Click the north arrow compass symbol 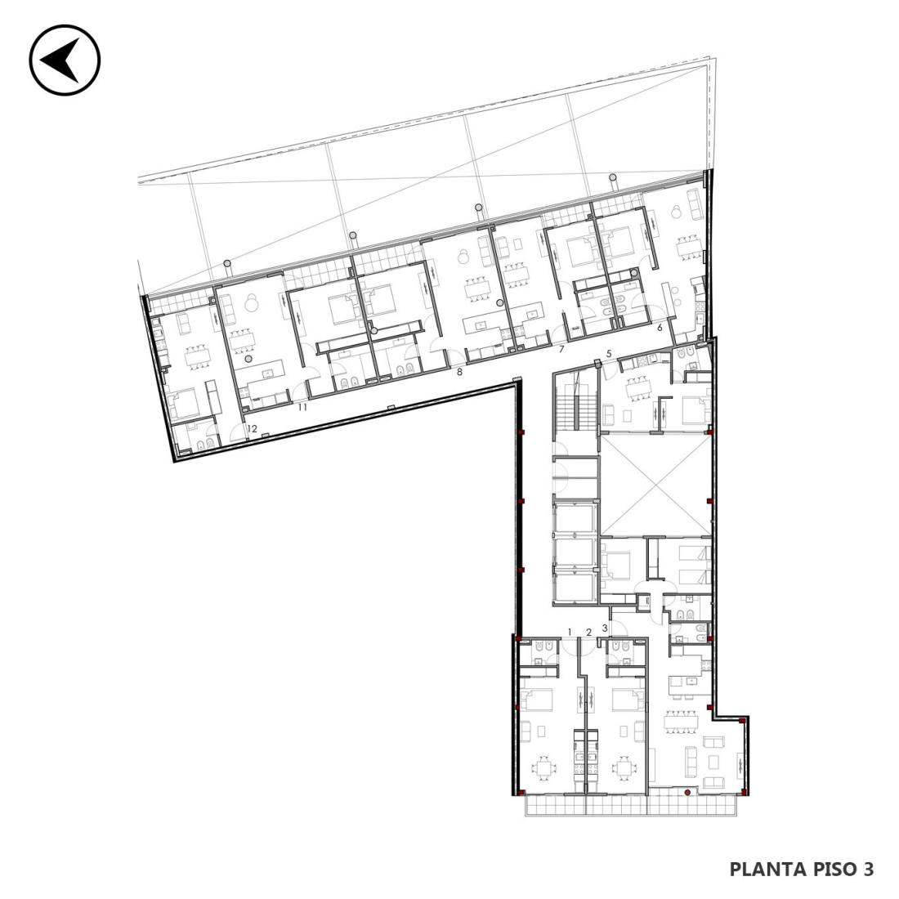[x=65, y=60]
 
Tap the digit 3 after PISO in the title [x=868, y=870]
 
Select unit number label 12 [x=252, y=428]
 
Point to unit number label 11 [x=302, y=408]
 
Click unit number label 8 [x=459, y=372]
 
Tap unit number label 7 [x=562, y=349]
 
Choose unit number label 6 [x=660, y=328]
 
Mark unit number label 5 [x=610, y=354]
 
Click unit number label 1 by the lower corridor [x=570, y=632]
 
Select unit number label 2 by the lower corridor [x=588, y=633]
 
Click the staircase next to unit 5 [x=575, y=400]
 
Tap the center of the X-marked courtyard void [x=655, y=485]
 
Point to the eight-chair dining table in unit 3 [x=682, y=722]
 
